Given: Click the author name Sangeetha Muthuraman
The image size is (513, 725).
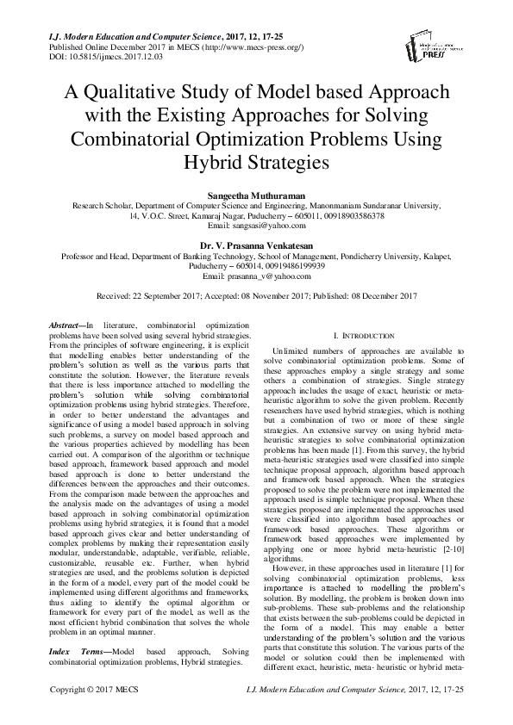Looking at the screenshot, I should pyautogui.click(x=256, y=195).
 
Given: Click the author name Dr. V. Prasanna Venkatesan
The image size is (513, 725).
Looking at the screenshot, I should pyautogui.click(x=256, y=245).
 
